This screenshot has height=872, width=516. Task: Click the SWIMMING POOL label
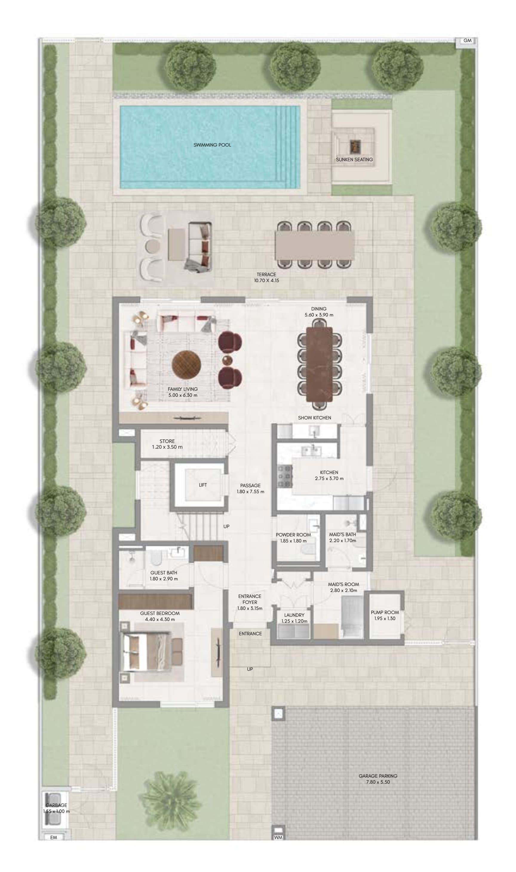[212, 145]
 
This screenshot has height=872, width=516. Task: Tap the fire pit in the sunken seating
[355, 146]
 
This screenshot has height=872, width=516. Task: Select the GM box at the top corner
[467, 41]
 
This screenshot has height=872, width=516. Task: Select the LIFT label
[203, 485]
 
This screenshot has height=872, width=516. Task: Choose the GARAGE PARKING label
[378, 776]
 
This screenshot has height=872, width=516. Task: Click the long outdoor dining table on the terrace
[315, 245]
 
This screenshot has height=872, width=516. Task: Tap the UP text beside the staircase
[226, 527]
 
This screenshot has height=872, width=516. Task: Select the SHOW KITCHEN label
[314, 418]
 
